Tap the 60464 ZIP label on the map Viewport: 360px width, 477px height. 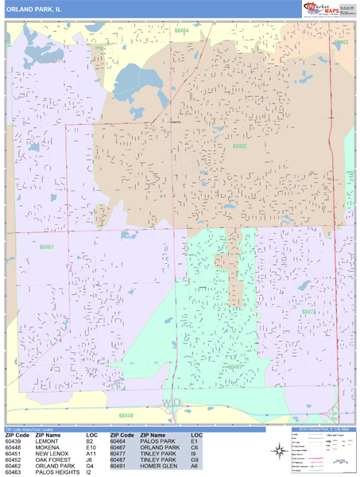(x=182, y=31)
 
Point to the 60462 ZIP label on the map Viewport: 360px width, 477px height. (x=239, y=146)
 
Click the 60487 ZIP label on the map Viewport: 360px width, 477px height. (x=236, y=366)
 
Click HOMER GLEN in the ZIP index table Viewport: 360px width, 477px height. (x=157, y=467)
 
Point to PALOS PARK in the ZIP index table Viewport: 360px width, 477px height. (x=156, y=442)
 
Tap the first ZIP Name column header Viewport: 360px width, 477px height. (x=48, y=436)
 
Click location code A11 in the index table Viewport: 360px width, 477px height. (x=92, y=454)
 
